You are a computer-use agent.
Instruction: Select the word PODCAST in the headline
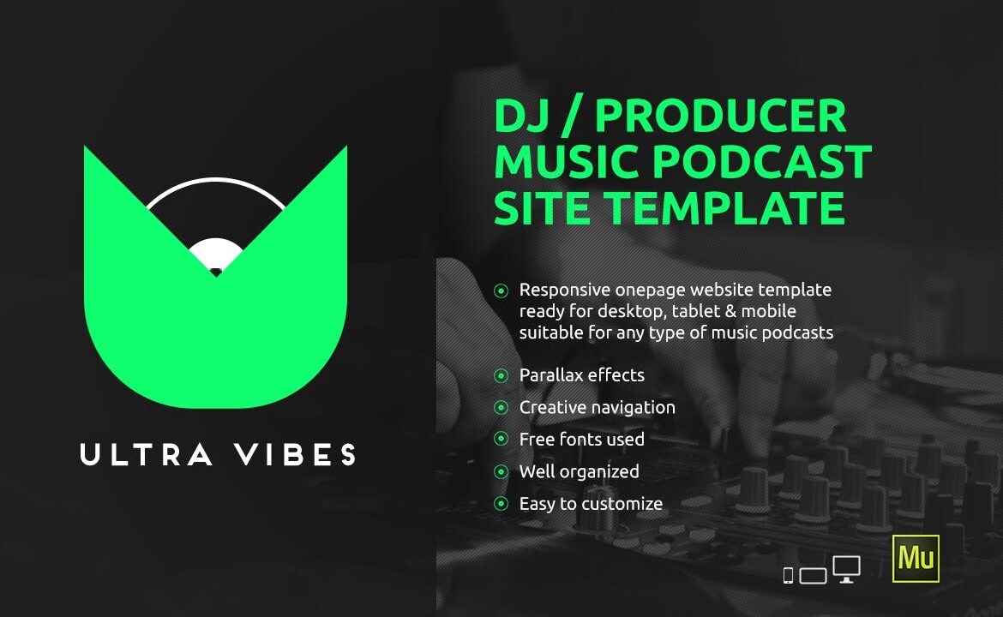click(x=762, y=162)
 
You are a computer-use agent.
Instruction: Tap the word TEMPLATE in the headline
click(x=724, y=207)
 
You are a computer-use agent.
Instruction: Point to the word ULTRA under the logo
click(x=146, y=454)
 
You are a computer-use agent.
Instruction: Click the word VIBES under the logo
click(x=295, y=454)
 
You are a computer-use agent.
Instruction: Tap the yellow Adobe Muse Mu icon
click(x=916, y=558)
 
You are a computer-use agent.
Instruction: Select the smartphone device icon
click(x=788, y=576)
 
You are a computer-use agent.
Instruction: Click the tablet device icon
click(x=813, y=576)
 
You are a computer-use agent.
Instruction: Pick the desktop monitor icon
click(x=846, y=569)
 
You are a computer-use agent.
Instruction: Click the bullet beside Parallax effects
click(x=501, y=375)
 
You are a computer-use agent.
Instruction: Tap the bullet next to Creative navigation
click(x=501, y=407)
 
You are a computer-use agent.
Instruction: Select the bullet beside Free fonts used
click(x=501, y=440)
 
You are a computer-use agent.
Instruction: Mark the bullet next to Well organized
click(x=501, y=472)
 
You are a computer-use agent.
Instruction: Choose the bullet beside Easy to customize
click(x=501, y=504)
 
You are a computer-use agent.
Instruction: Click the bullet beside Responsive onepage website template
click(x=501, y=291)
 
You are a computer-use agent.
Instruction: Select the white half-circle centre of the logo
click(x=215, y=253)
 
